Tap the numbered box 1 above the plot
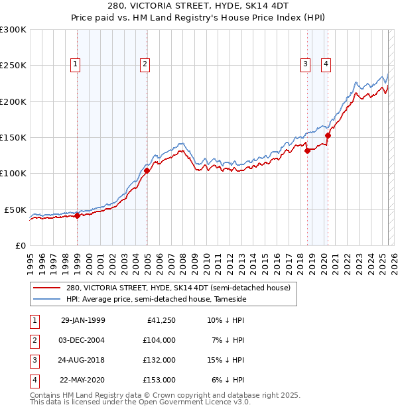coord(76,64)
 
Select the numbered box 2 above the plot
coord(144,64)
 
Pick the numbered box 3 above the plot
coord(305,64)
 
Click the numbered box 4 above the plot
coord(326,64)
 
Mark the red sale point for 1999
coord(77,215)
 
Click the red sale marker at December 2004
coord(147,170)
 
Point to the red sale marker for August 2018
coord(307,150)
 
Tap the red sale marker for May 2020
coord(328,135)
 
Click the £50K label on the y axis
coord(15,209)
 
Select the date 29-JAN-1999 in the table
coord(83,320)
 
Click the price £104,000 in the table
coord(159,340)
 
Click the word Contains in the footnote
coord(46,395)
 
